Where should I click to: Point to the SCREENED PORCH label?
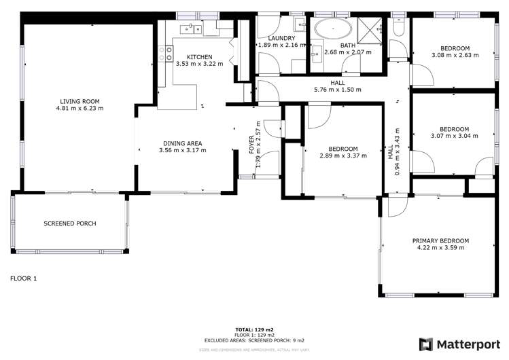tap(70, 223)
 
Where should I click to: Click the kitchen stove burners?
tap(164, 53)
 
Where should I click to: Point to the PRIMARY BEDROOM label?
tap(441, 240)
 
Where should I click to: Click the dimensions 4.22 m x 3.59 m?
tap(441, 248)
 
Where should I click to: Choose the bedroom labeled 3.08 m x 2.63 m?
tap(455, 52)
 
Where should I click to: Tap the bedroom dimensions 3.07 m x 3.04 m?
tap(455, 136)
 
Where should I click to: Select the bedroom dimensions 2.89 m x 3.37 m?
tap(343, 156)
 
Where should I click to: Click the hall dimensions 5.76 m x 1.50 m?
tap(336, 90)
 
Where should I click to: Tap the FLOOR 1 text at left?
tap(24, 278)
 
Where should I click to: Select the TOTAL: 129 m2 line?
tap(254, 328)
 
